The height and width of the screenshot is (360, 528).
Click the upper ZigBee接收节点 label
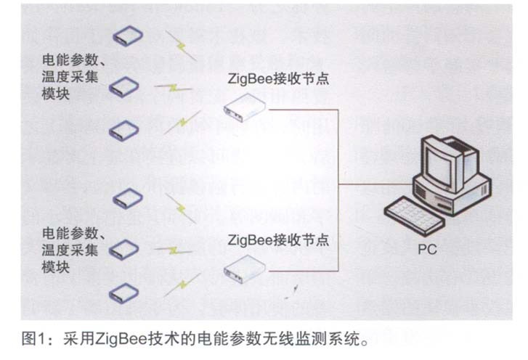tap(279, 78)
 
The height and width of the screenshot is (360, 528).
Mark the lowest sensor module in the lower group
tap(124, 292)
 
